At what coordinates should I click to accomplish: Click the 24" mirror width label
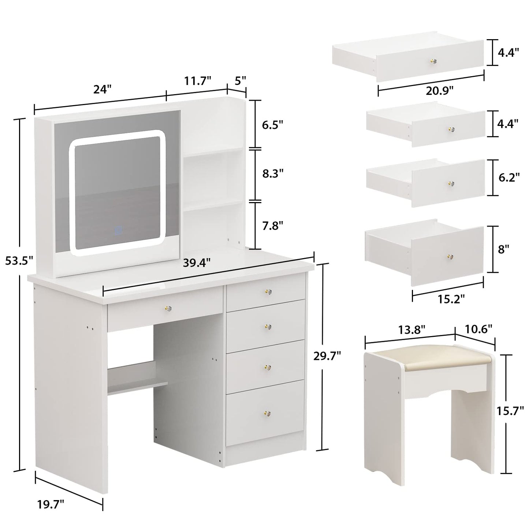[x=102, y=89]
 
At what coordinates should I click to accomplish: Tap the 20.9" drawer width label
[x=439, y=90]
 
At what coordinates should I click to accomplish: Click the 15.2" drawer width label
[x=451, y=299]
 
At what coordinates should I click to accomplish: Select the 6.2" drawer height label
[x=509, y=178]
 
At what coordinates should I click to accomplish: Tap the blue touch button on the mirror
[x=118, y=231]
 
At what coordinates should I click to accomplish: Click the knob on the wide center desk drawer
[x=168, y=308]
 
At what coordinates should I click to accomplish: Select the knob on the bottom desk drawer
[x=267, y=414]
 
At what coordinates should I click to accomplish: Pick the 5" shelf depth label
[x=240, y=81]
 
